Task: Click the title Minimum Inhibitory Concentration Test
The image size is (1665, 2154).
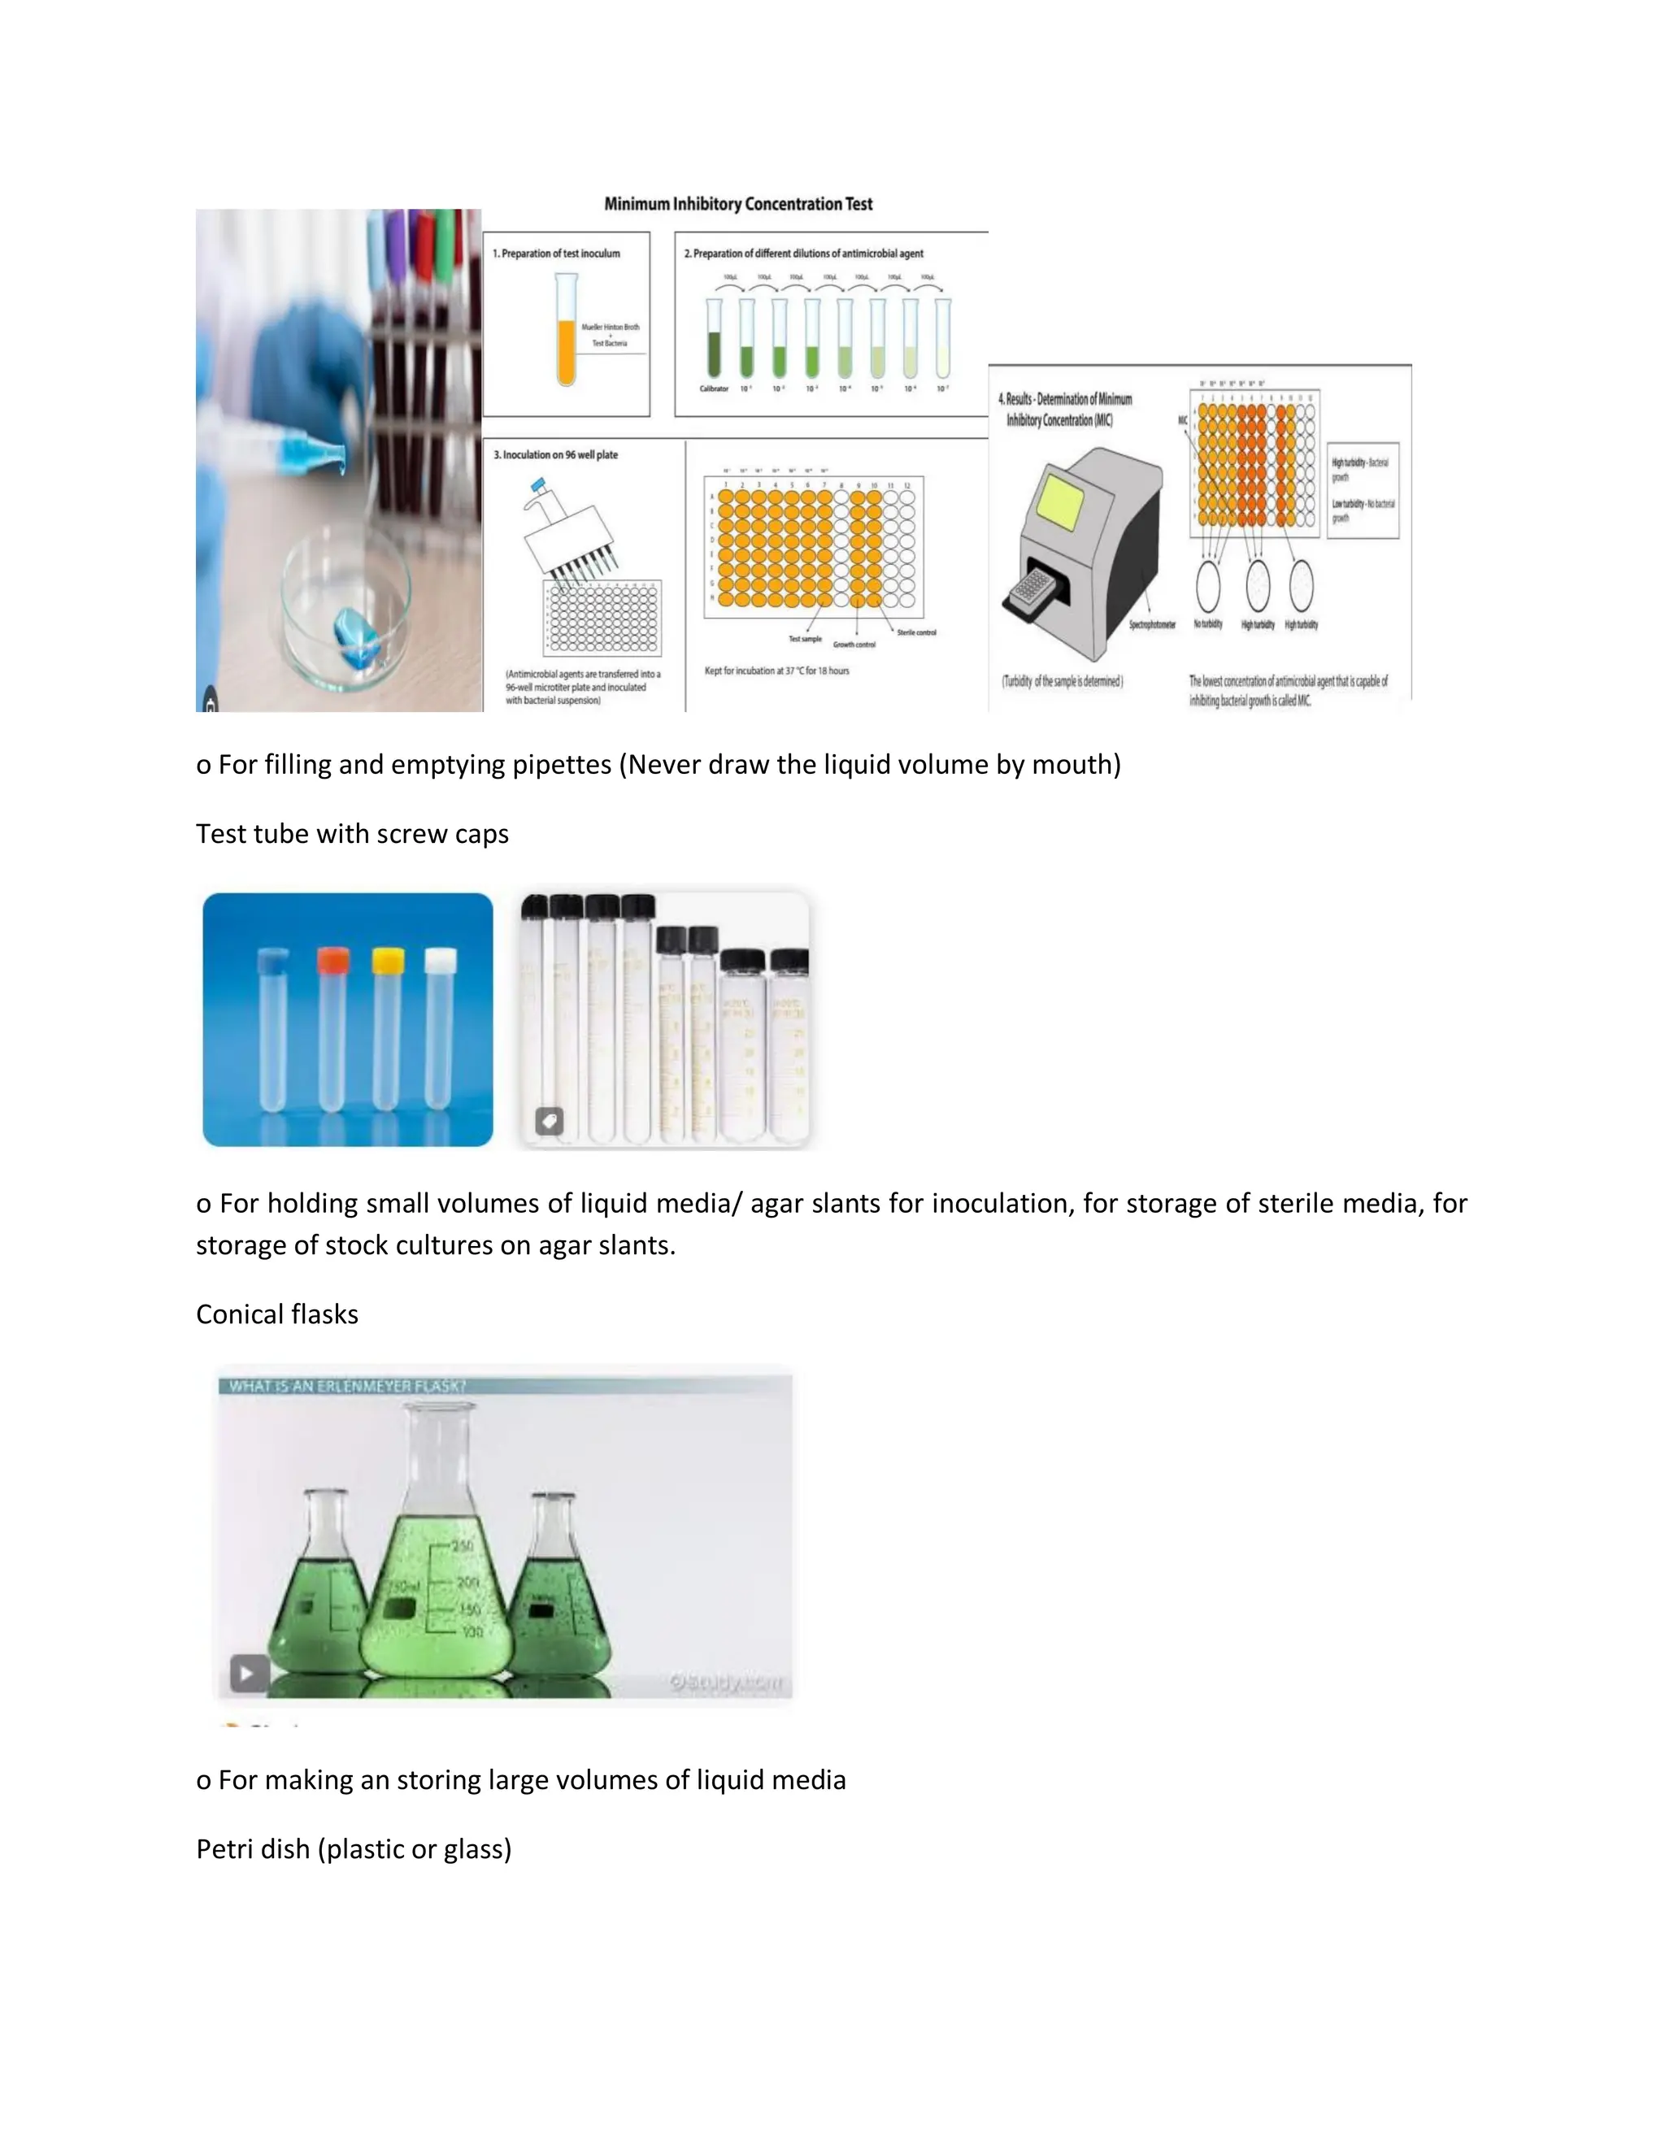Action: [x=738, y=204]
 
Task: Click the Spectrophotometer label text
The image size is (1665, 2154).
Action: [x=1152, y=625]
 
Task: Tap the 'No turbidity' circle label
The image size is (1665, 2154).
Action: [x=1207, y=624]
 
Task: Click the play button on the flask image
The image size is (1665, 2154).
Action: [x=249, y=1673]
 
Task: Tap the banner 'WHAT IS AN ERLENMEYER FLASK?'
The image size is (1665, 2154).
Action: [x=347, y=1386]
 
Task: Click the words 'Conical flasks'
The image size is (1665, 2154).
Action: [x=277, y=1314]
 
